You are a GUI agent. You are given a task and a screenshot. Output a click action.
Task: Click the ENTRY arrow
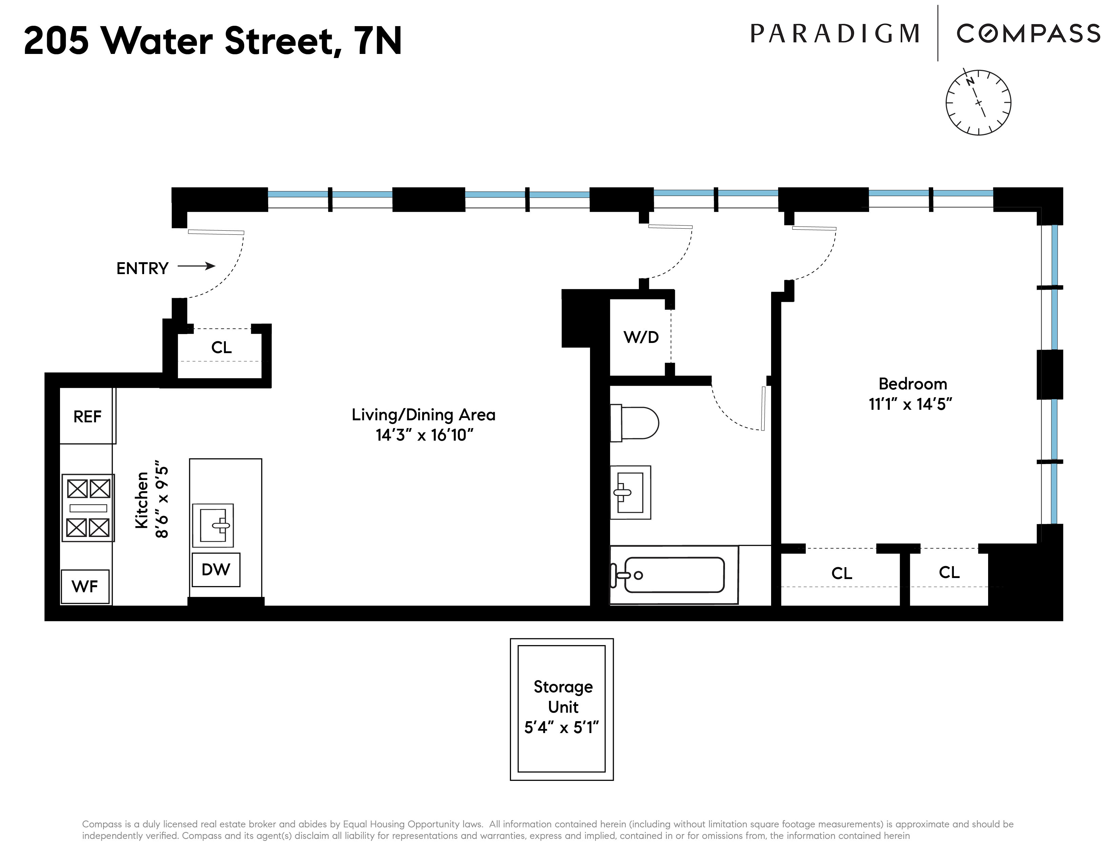click(196, 266)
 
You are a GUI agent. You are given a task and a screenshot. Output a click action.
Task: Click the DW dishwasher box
click(216, 569)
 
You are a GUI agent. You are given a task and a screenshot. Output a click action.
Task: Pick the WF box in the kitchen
click(85, 586)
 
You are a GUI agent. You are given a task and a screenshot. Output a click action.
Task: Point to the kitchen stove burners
click(88, 508)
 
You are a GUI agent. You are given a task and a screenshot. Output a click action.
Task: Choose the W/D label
click(641, 337)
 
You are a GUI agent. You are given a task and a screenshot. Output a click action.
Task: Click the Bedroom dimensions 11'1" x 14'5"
click(910, 404)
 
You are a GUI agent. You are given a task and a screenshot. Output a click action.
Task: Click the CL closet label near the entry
click(221, 347)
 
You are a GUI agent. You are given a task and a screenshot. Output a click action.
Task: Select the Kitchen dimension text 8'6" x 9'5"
click(162, 501)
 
